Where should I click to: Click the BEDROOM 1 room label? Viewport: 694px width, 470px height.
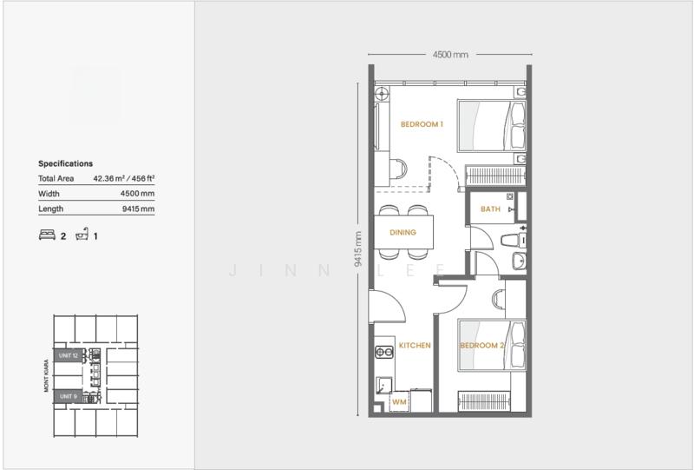pos(422,124)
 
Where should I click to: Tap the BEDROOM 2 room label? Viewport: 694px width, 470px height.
pos(481,346)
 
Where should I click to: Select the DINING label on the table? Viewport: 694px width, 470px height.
pos(403,232)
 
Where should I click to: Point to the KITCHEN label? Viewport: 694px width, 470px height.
pos(415,346)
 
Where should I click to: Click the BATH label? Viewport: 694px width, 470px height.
pos(490,209)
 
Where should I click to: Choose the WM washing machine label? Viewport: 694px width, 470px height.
pos(399,402)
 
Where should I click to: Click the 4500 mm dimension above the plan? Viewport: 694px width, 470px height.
pos(450,55)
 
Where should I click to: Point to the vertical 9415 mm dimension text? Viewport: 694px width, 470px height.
pos(358,248)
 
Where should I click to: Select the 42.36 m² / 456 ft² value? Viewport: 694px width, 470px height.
pos(124,178)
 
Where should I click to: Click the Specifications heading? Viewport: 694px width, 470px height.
pos(66,163)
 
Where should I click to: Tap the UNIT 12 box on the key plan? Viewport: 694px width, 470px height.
pos(69,355)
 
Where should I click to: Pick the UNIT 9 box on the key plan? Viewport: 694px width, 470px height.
pos(69,396)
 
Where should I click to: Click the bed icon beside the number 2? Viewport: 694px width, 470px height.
pos(47,235)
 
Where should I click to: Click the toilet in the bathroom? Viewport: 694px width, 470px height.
pos(514,241)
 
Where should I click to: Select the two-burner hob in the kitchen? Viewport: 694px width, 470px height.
pos(384,352)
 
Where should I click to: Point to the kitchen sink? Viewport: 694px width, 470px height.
pos(383,385)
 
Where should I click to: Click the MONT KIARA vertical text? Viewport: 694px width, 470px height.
pos(46,375)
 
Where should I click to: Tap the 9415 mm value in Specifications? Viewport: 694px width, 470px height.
pos(139,209)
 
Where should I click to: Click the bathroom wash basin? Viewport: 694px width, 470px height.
pos(519,261)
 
